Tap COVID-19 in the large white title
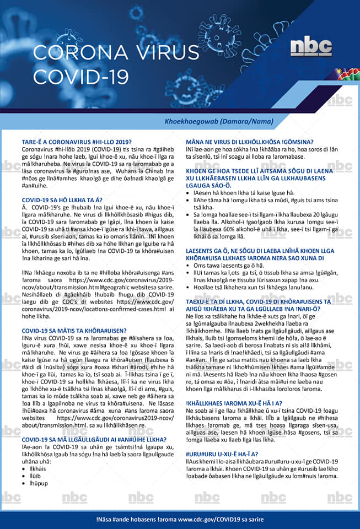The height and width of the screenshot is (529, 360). point(80,75)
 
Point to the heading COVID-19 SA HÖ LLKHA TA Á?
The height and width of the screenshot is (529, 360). point(62,199)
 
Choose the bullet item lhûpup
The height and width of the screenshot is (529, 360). point(35,483)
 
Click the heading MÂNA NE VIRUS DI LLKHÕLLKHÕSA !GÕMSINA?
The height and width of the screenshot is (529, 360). point(257,142)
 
